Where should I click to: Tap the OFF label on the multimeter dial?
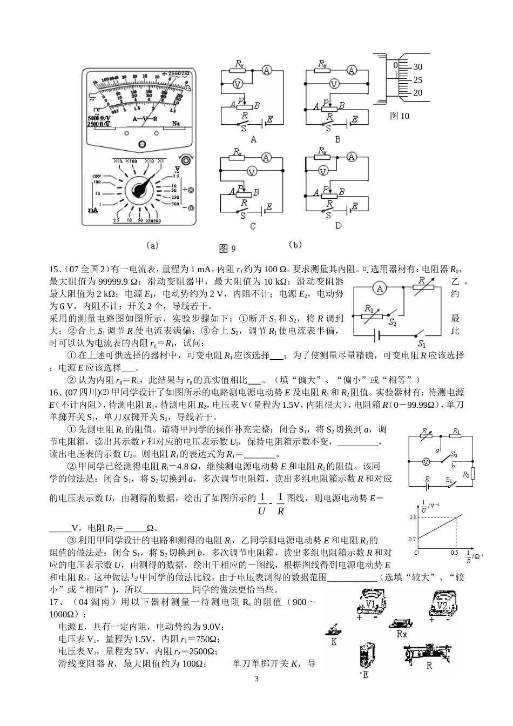(x=97, y=176)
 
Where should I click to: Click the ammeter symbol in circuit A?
(x=266, y=70)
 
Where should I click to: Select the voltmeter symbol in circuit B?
(x=334, y=84)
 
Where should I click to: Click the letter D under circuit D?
(x=338, y=226)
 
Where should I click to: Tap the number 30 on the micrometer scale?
(x=417, y=67)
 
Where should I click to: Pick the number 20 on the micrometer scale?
(x=417, y=93)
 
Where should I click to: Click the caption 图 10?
(x=400, y=116)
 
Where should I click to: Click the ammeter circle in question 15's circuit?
(x=380, y=288)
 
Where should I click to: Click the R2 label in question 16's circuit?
(x=465, y=474)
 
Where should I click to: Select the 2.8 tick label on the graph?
(x=414, y=517)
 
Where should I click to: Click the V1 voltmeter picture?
(x=372, y=604)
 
